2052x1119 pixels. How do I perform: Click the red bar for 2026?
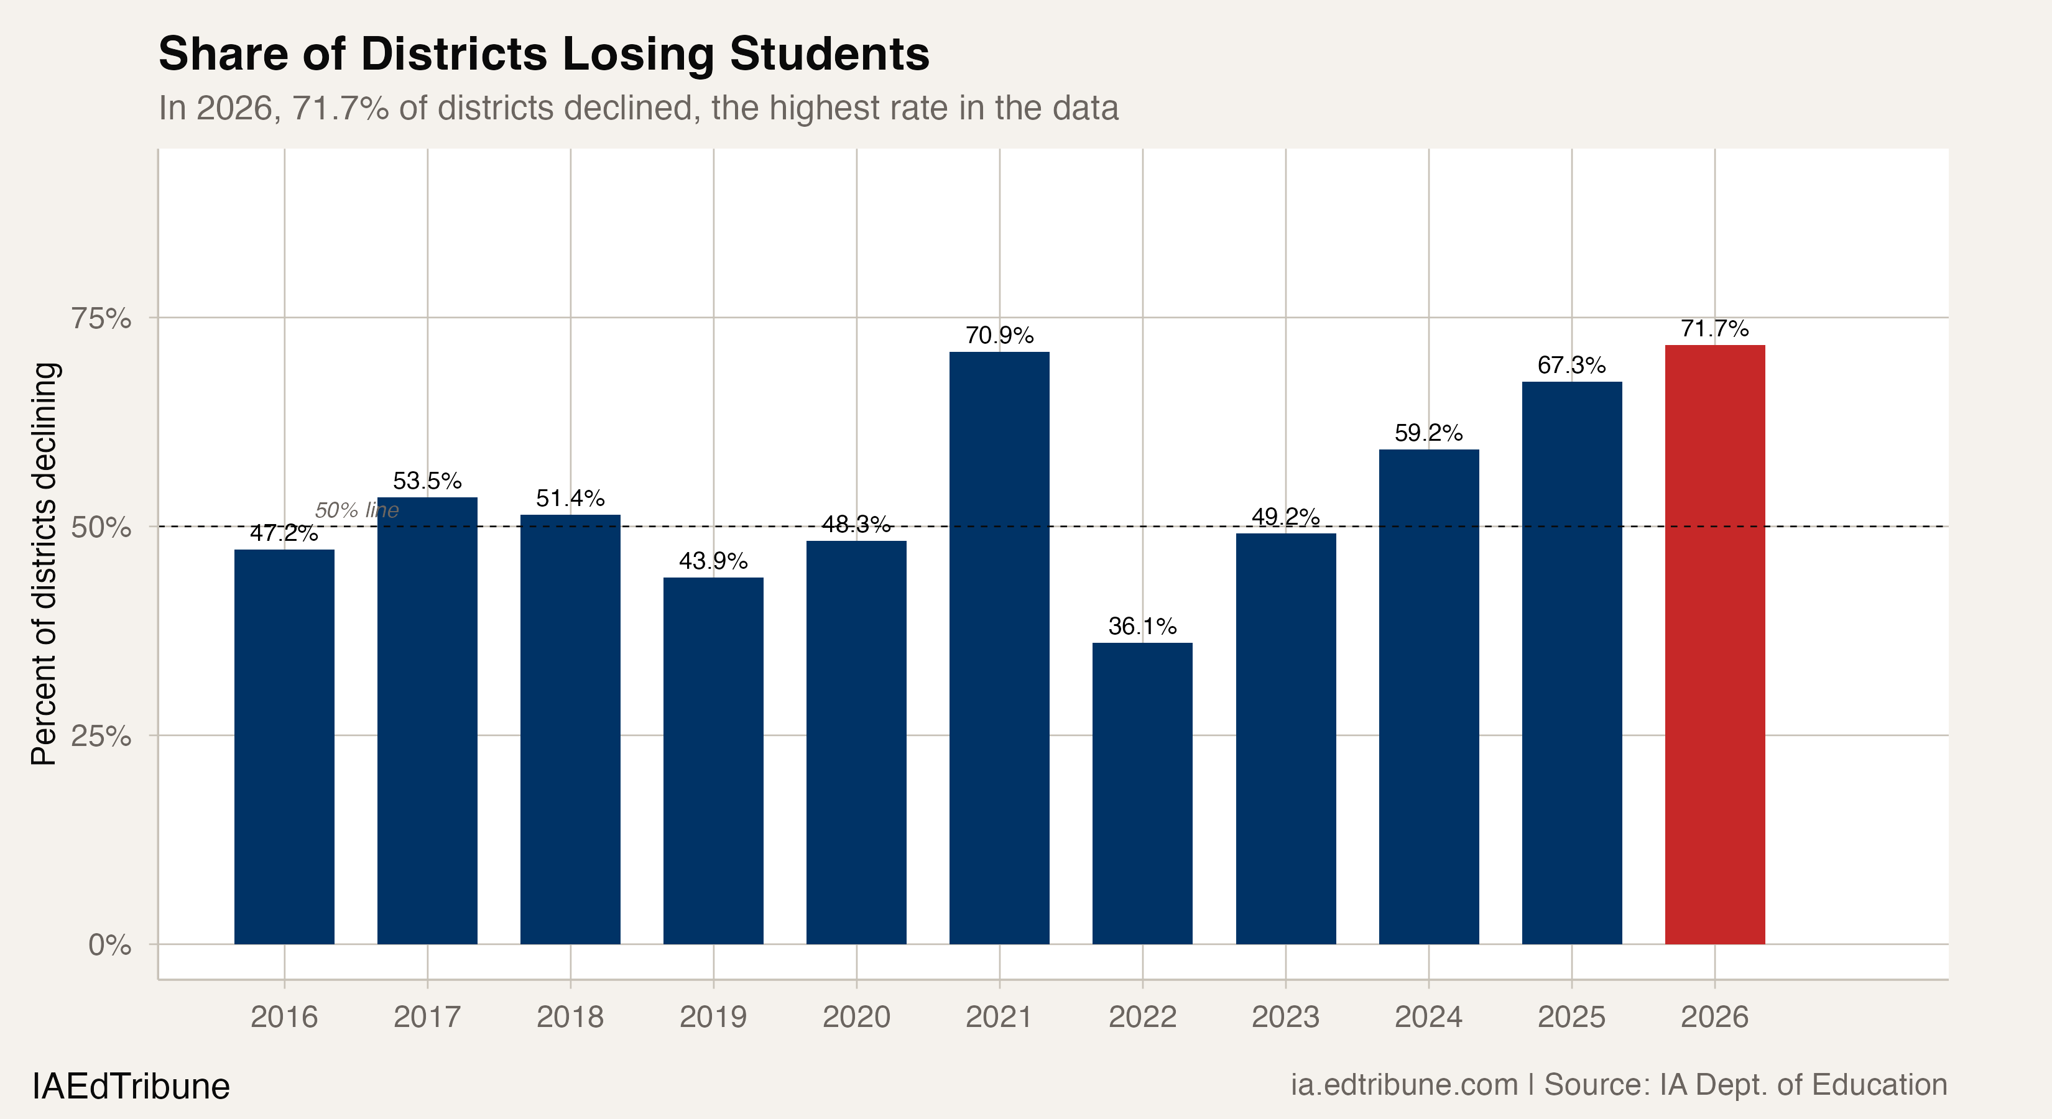tap(1714, 645)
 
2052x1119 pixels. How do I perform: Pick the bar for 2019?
tap(713, 760)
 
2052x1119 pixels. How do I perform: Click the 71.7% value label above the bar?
tap(1714, 329)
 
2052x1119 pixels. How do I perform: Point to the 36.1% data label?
tap(1142, 627)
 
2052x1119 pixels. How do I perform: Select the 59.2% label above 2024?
tap(1428, 433)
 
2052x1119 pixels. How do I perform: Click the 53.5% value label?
tap(427, 481)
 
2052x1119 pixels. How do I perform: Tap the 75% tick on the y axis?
tap(101, 318)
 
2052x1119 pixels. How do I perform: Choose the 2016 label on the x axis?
tap(284, 1017)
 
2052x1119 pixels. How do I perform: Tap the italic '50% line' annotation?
tap(357, 510)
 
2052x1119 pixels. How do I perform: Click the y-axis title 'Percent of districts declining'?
tap(45, 564)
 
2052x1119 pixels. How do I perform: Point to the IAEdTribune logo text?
tap(131, 1086)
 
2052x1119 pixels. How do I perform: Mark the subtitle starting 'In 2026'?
tap(638, 108)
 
